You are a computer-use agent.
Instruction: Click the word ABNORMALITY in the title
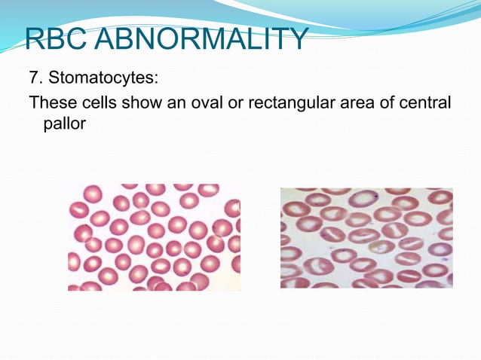[206, 38]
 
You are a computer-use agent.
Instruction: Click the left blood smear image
[154, 236]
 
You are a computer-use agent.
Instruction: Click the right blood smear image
[366, 237]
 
